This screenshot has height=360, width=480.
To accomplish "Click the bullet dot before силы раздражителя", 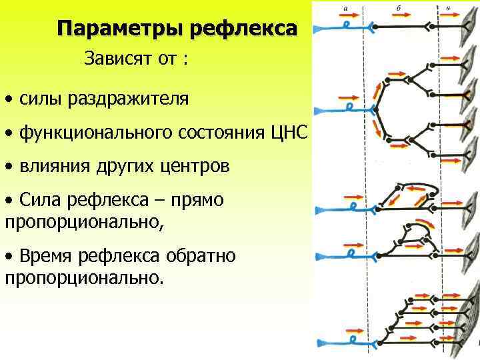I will tap(8, 101).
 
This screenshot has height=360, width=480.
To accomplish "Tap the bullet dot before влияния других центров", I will tap(8, 167).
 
